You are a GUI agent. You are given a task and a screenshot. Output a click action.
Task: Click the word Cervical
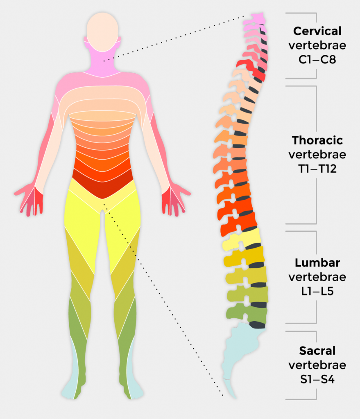[x=317, y=31]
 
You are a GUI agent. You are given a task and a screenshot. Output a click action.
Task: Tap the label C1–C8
[x=317, y=60]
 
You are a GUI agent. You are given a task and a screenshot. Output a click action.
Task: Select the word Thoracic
[x=317, y=140]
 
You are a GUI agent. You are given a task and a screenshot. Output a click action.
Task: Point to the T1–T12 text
[x=317, y=169]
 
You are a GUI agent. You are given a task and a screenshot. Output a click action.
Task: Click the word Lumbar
[x=317, y=263]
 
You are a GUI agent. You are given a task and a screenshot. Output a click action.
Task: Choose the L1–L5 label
[x=317, y=291]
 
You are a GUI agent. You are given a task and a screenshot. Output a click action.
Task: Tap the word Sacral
[x=317, y=351]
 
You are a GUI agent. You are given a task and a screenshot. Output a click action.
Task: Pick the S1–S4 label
[x=317, y=379]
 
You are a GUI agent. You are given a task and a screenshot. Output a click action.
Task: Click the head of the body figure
[x=102, y=32]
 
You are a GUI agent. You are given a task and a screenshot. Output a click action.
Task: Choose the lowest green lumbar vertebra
[x=247, y=313]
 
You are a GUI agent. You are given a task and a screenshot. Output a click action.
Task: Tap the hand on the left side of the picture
[x=29, y=199]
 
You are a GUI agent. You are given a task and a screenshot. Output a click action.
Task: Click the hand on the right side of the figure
[x=175, y=199]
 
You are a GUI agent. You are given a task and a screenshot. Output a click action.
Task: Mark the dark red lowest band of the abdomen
[x=103, y=185]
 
